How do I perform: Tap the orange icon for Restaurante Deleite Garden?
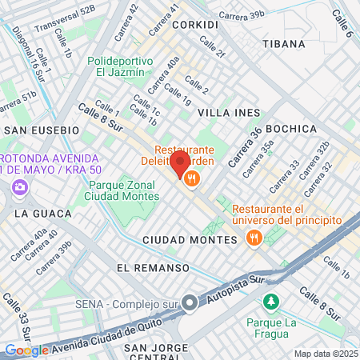(190, 180)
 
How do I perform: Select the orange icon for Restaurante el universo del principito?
(254, 237)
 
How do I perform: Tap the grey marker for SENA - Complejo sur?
(190, 303)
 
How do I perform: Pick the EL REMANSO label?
(153, 267)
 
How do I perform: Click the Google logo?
(26, 350)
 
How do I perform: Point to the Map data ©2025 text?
(325, 354)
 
